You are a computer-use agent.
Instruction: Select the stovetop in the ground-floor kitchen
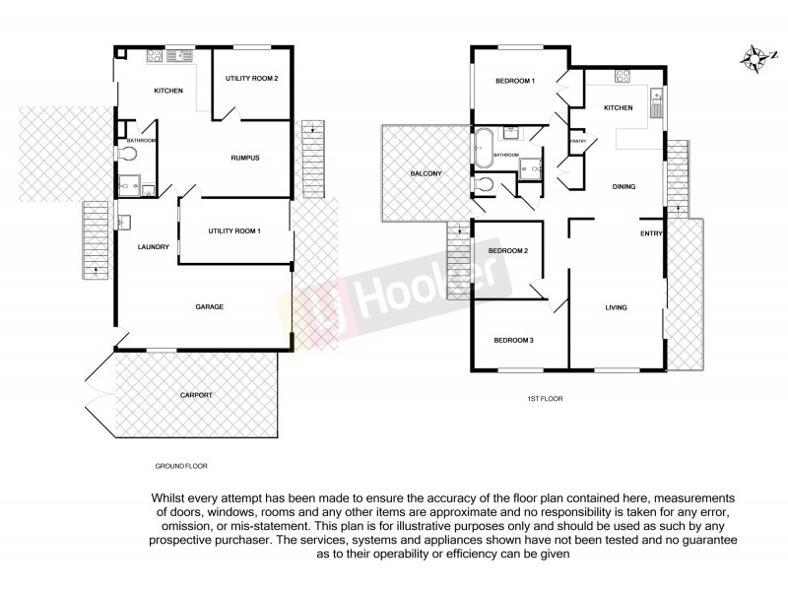(x=156, y=56)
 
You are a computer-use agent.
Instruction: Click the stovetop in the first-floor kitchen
(x=623, y=76)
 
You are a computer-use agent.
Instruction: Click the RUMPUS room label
(x=244, y=158)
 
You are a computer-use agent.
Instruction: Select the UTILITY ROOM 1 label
(x=233, y=230)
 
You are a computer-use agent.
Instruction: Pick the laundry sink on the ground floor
(x=123, y=222)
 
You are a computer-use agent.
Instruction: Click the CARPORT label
(x=195, y=395)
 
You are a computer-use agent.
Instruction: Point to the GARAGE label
(x=209, y=306)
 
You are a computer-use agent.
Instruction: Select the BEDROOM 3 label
(x=513, y=340)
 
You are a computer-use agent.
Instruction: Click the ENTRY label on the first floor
(x=651, y=233)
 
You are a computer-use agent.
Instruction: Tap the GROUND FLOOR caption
(x=181, y=465)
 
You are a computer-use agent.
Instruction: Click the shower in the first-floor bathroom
(x=530, y=169)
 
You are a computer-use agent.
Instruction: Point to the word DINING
(x=623, y=186)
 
